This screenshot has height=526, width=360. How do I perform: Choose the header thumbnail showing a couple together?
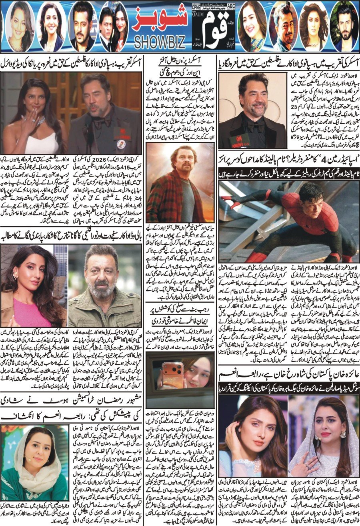coord(114,26)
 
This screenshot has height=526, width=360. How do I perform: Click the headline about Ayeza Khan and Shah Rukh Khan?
coord(288,376)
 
